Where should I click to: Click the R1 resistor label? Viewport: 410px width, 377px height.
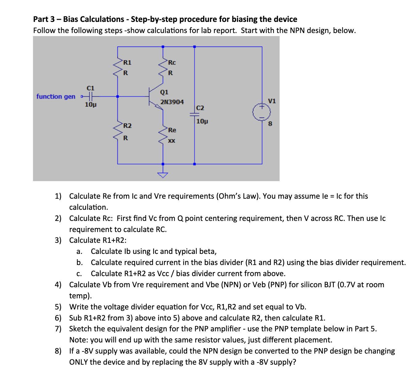pos(127,63)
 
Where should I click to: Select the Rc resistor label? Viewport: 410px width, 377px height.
pos(172,63)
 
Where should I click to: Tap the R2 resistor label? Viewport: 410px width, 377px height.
pos(127,126)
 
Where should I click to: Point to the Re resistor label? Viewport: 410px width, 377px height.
pos(172,130)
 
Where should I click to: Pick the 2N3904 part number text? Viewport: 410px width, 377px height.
pos(172,102)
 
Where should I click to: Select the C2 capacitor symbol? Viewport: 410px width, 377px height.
pos(195,114)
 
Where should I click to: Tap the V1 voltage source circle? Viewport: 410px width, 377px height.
pos(262,112)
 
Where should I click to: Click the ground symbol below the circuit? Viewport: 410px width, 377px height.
pos(163,175)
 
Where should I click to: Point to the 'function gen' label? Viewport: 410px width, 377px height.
pos(56,97)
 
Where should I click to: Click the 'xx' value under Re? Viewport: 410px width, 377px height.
pos(171,141)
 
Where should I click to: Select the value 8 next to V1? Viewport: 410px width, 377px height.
pos(270,124)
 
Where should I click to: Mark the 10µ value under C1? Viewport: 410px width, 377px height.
pos(91,105)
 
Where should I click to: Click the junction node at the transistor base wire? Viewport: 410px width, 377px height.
pos(117,97)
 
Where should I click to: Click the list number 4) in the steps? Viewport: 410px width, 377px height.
pos(58,284)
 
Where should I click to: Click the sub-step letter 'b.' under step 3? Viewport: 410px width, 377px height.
pos(80,263)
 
